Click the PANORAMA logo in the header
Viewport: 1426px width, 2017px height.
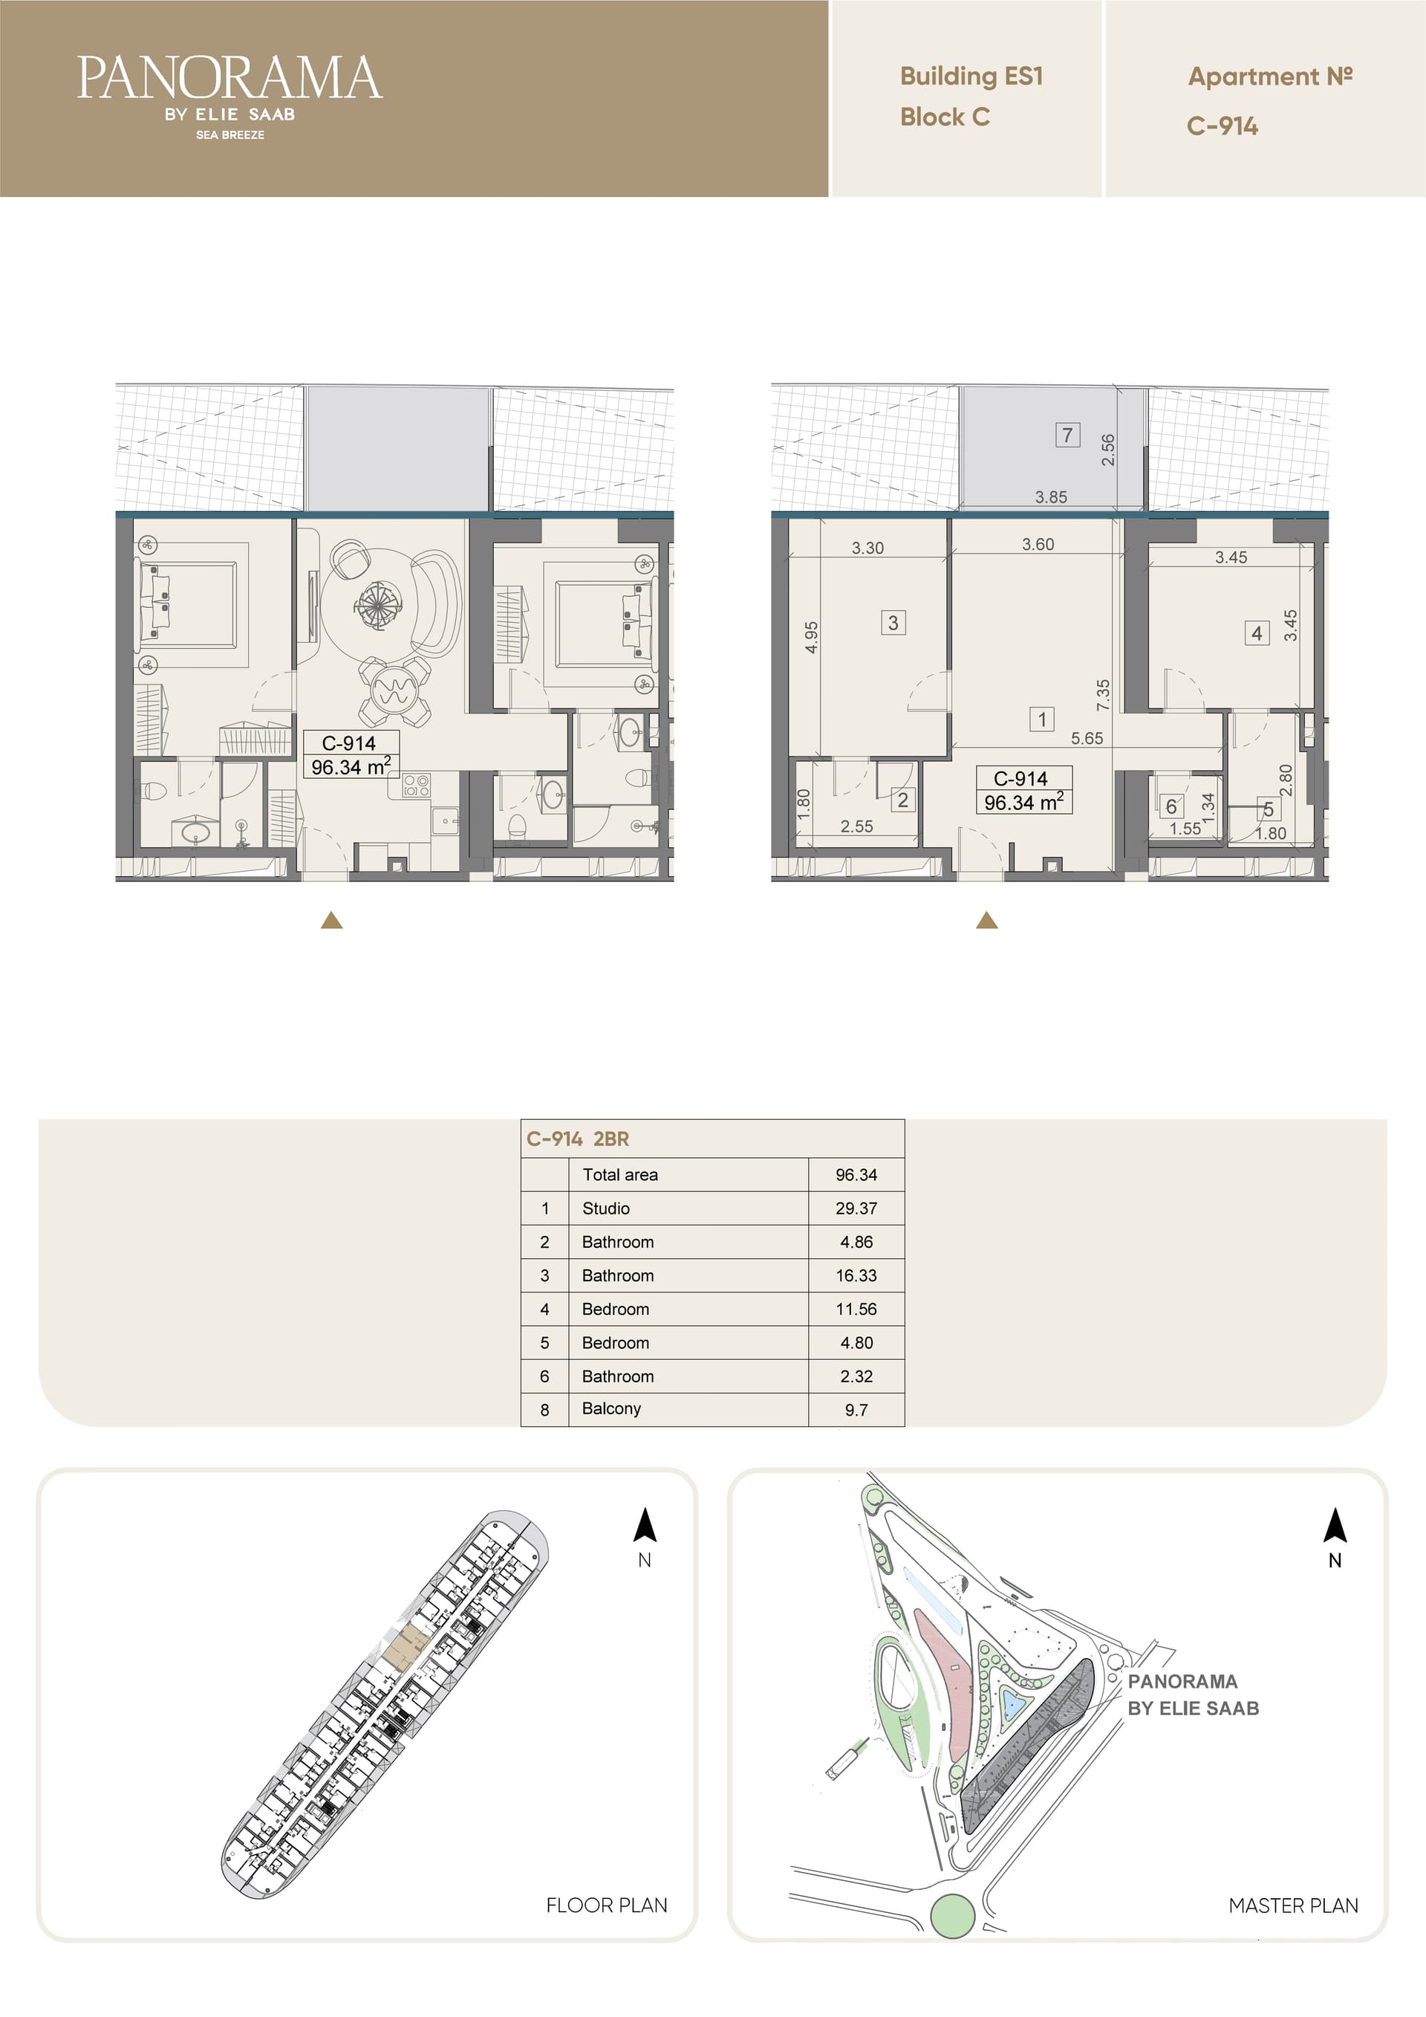click(229, 96)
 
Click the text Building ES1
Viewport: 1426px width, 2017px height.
click(971, 77)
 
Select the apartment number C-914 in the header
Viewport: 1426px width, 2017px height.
click(1222, 126)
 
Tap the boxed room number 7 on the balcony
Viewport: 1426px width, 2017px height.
click(1067, 434)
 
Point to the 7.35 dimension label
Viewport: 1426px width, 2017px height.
click(1103, 695)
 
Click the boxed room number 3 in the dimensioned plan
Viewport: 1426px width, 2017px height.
click(893, 622)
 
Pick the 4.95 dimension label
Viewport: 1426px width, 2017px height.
click(811, 637)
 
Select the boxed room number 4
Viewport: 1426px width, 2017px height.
click(1257, 632)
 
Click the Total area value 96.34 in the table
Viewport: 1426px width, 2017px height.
click(856, 1174)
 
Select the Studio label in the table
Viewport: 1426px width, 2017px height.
click(606, 1208)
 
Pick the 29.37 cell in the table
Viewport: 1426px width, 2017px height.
click(856, 1208)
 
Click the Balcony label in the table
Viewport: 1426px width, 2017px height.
click(611, 1408)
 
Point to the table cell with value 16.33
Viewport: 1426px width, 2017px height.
click(856, 1275)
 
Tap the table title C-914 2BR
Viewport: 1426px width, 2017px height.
click(578, 1139)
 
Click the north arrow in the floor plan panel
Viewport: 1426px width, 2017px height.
click(645, 1524)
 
